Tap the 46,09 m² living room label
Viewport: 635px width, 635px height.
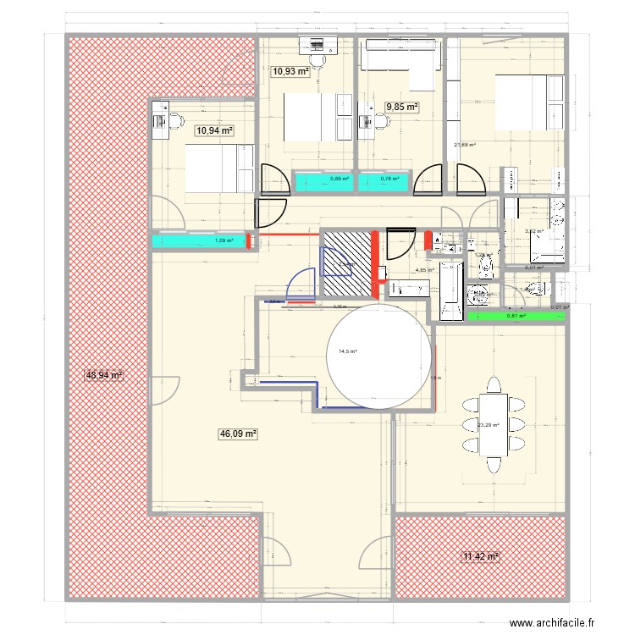238,433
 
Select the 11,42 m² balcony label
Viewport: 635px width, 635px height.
480,556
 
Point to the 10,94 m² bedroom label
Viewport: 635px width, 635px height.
214,130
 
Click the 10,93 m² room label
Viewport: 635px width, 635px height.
290,72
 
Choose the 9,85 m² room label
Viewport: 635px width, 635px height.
402,107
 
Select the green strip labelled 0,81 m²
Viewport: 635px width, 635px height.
516,317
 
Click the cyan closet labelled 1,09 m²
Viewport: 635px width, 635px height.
199,241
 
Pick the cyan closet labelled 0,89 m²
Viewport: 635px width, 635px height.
322,179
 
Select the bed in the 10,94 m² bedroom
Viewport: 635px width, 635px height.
218,168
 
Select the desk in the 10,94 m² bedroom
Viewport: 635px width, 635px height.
159,120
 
